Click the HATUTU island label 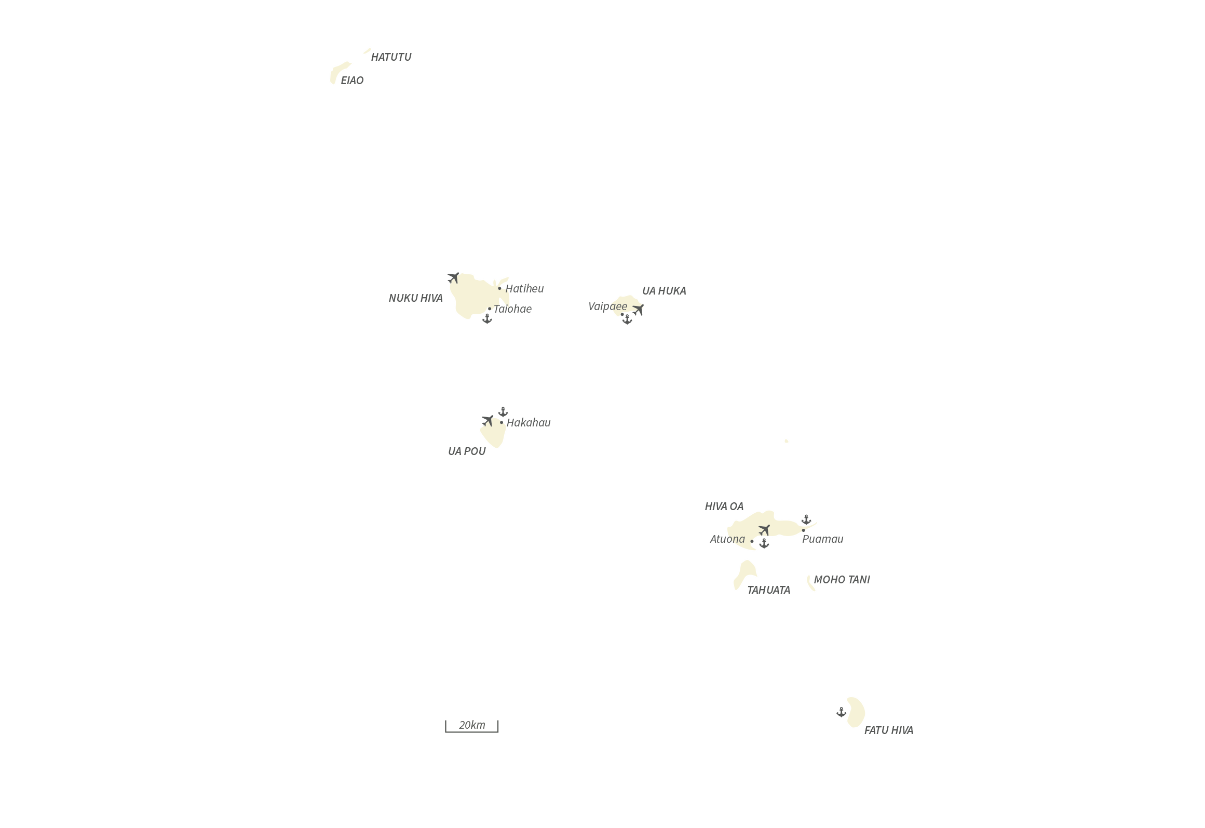391,57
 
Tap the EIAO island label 352,81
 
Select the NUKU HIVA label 415,298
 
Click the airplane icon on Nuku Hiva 453,278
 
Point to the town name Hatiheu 524,288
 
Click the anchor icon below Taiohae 487,318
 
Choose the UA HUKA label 664,291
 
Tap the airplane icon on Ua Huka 638,310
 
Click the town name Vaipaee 607,306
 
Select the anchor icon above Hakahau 503,412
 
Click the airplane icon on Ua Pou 488,420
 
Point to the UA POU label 467,451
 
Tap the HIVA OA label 724,506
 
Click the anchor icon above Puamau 806,519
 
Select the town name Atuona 727,539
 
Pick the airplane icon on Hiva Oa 764,530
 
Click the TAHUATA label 768,590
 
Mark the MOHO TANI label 842,580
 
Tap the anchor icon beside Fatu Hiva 842,712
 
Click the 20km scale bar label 472,725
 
